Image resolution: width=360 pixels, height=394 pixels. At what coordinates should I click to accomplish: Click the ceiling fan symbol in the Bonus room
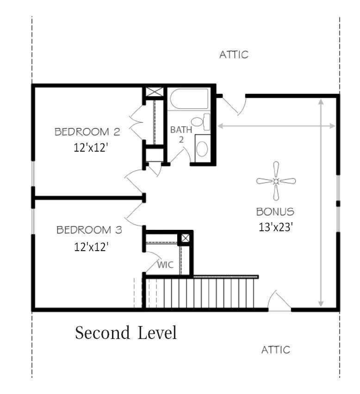point(276,181)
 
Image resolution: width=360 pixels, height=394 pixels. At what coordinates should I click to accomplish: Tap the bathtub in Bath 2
point(189,99)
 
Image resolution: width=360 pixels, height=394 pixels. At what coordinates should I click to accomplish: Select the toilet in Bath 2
point(201,122)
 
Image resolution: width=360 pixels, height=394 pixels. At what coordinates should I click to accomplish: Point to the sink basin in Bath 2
point(202,148)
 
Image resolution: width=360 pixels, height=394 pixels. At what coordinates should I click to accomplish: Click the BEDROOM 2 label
point(87,132)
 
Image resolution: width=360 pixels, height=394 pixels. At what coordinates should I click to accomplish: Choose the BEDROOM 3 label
point(89,230)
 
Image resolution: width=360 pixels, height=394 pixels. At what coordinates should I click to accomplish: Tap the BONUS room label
point(275,212)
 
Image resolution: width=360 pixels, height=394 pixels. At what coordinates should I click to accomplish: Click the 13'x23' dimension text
point(276,227)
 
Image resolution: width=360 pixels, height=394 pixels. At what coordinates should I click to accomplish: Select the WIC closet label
point(165,265)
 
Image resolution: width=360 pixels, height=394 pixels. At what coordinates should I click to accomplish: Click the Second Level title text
point(126,332)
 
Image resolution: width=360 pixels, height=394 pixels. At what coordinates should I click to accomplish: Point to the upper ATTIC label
point(234,55)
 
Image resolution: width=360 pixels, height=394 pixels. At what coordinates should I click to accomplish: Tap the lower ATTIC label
point(276,350)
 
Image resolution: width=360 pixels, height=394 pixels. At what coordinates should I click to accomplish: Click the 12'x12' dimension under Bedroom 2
point(91,148)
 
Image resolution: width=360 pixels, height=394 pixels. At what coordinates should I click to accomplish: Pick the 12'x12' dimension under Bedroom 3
point(91,247)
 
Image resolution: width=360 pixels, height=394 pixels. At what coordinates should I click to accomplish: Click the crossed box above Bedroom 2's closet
point(155,92)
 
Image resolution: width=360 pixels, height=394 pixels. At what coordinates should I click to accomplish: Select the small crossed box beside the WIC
point(186,238)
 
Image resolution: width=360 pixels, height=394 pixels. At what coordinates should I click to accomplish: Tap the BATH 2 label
point(181,135)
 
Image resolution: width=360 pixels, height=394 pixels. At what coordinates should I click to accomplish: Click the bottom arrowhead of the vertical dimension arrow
point(321,303)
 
